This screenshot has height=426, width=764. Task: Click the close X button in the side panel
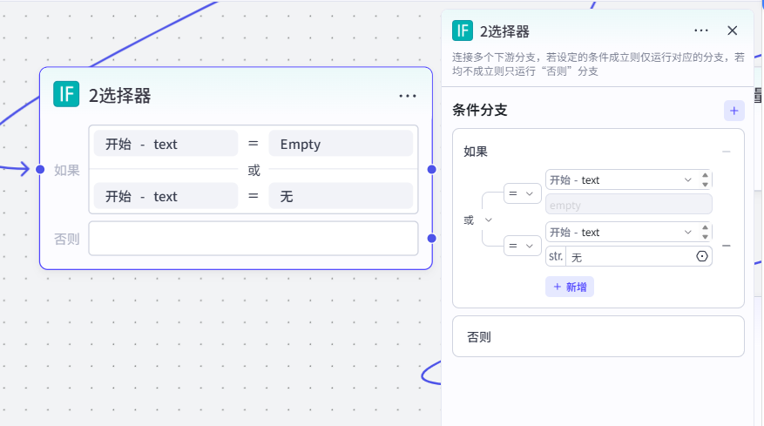click(732, 30)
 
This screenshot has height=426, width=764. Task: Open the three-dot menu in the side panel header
click(701, 30)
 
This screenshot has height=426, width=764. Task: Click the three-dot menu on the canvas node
click(408, 96)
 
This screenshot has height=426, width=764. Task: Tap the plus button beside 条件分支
click(734, 111)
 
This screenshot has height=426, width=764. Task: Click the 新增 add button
click(570, 287)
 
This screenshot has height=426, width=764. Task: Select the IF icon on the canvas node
click(66, 94)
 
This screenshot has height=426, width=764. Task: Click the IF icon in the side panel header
click(463, 30)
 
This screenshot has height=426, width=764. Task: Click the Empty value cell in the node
click(341, 144)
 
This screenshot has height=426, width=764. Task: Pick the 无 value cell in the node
click(341, 196)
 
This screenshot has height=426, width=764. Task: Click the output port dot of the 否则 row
click(432, 239)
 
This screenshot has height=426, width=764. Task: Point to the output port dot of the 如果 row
click(432, 170)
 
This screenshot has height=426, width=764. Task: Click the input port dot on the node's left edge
click(40, 170)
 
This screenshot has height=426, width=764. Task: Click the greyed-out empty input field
click(629, 205)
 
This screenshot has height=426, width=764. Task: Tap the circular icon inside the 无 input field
click(701, 256)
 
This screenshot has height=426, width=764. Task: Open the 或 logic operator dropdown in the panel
click(478, 220)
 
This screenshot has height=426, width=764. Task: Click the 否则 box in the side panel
click(598, 336)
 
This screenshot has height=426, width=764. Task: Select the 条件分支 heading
click(480, 110)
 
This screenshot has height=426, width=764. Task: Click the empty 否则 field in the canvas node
click(254, 239)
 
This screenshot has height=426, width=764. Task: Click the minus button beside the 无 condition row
click(726, 246)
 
